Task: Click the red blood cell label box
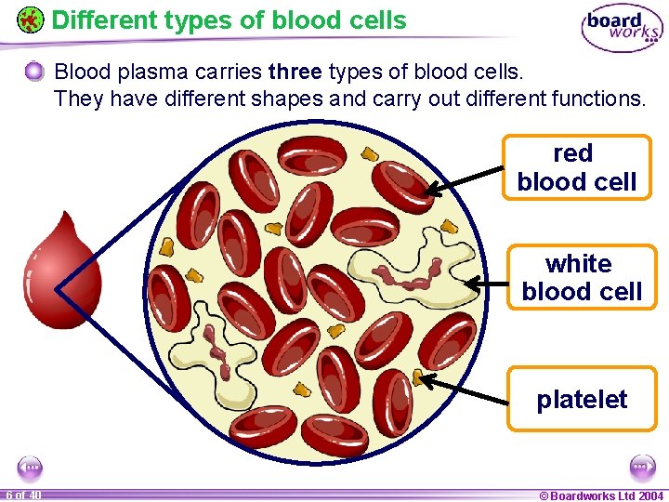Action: (576, 167)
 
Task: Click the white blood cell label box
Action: (581, 278)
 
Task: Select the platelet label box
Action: (582, 400)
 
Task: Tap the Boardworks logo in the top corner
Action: (622, 29)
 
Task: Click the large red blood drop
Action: (61, 271)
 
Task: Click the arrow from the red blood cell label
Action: (464, 179)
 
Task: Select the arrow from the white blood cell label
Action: (485, 283)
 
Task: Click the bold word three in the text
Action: (294, 72)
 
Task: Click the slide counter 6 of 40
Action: (22, 495)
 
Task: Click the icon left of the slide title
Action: (30, 20)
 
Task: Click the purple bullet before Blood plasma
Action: (34, 71)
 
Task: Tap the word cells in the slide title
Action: (376, 20)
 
